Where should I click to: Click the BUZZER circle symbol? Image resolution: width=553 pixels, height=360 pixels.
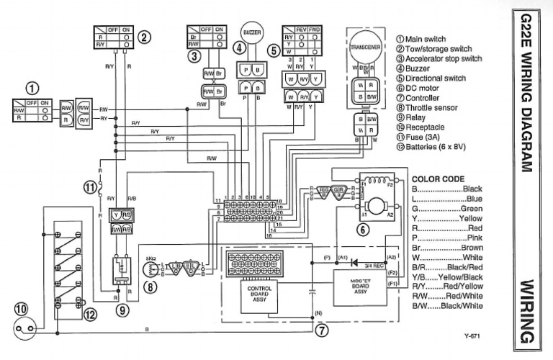252,33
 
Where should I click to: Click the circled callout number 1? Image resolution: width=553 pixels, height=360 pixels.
32,88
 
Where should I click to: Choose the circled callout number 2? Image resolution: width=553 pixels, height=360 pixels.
144,37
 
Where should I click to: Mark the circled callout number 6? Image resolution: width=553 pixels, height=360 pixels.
364,230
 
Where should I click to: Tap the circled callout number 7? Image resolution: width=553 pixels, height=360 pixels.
321,330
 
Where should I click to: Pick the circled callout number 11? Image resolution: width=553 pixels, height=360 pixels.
89,189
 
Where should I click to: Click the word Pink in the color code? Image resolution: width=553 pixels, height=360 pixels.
474,237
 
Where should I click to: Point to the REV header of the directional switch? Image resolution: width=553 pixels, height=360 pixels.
302,30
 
